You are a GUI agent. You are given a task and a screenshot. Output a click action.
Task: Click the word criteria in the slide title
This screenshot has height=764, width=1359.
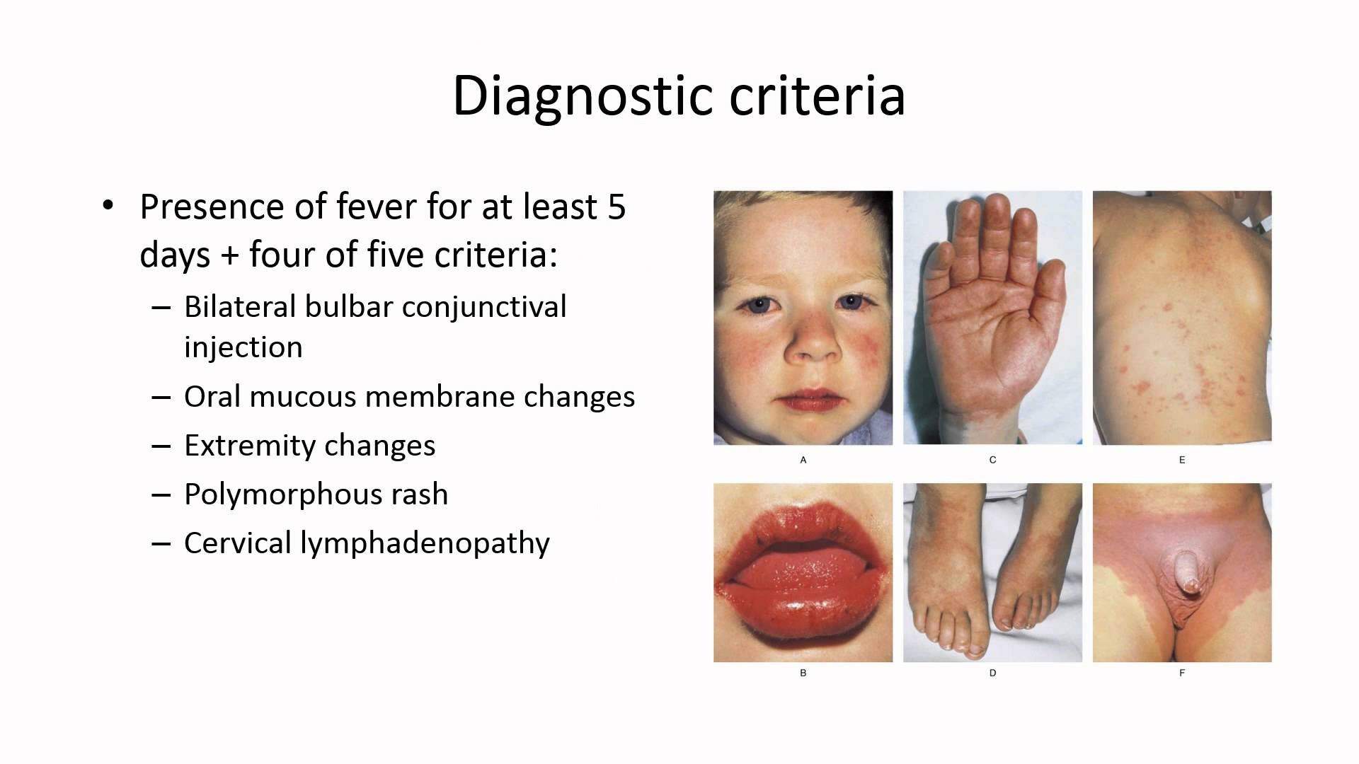pyautogui.click(x=818, y=95)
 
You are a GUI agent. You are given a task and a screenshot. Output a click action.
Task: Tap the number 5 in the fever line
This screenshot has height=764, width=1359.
pyautogui.click(x=617, y=207)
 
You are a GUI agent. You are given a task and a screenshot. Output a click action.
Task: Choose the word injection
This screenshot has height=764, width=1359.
pyautogui.click(x=243, y=347)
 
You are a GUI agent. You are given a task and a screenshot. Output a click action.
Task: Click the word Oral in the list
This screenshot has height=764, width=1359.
pyautogui.click(x=212, y=397)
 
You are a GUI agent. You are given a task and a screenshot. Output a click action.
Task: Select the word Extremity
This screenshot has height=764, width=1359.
pyautogui.click(x=249, y=446)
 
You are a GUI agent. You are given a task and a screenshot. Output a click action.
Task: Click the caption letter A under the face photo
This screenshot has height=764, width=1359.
pyautogui.click(x=803, y=460)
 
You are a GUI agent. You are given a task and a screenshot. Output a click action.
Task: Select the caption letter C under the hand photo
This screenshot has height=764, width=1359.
pyautogui.click(x=992, y=460)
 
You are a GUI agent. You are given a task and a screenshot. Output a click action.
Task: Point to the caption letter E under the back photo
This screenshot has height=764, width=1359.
pyautogui.click(x=1182, y=460)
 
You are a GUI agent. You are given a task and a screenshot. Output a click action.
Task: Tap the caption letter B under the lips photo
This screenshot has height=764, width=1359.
pyautogui.click(x=803, y=673)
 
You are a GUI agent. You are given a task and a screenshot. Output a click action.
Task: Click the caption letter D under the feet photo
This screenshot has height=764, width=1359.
pyautogui.click(x=992, y=673)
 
